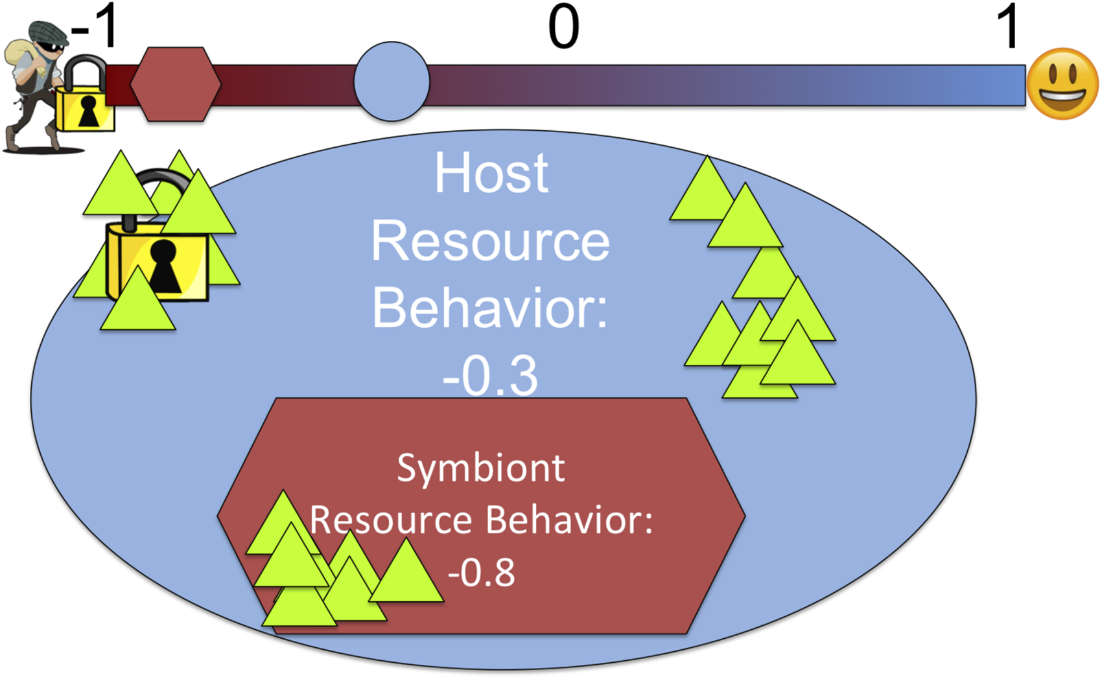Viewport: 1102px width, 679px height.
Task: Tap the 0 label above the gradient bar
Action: pyautogui.click(x=564, y=27)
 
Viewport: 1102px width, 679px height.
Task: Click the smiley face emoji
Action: pyautogui.click(x=1063, y=84)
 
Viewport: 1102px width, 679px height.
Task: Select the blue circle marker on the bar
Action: pyautogui.click(x=392, y=81)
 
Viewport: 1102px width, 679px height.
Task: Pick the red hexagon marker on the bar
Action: pyautogui.click(x=176, y=84)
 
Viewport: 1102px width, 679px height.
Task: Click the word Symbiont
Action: pyautogui.click(x=480, y=468)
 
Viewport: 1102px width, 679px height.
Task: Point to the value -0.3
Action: pyautogui.click(x=490, y=376)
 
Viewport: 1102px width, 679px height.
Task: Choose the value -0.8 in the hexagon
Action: pyautogui.click(x=481, y=573)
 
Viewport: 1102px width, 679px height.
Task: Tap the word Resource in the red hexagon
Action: pyautogui.click(x=391, y=520)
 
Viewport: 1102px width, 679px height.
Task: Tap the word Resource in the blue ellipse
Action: pyautogui.click(x=491, y=241)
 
